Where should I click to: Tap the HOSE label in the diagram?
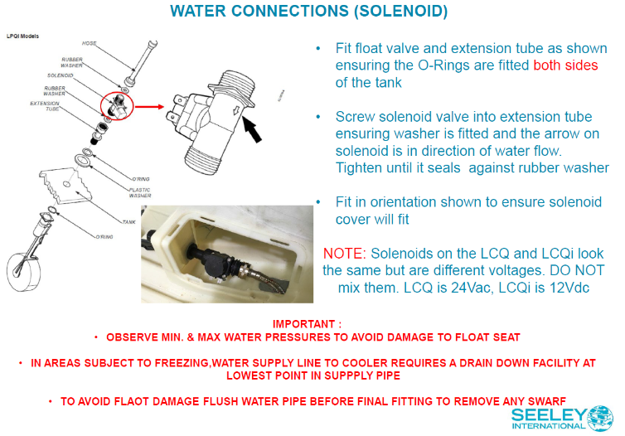[x=90, y=42]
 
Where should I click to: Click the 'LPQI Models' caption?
[x=22, y=36]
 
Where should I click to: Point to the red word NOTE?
[x=343, y=251]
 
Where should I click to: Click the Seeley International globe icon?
[x=601, y=419]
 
